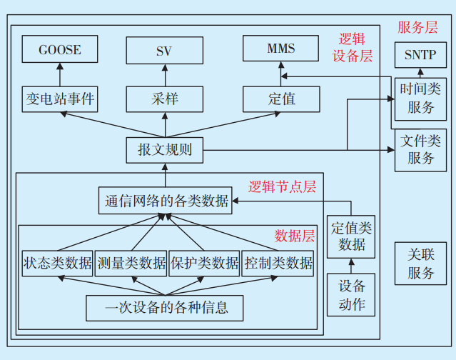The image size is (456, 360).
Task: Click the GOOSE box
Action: tap(59, 50)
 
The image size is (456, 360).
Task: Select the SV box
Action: tap(165, 51)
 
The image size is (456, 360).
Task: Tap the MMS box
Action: tap(280, 49)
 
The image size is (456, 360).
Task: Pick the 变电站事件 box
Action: tap(59, 99)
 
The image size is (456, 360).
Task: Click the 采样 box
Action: tap(165, 99)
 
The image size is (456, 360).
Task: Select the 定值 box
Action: tap(280, 99)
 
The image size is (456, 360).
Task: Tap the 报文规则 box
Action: tap(165, 150)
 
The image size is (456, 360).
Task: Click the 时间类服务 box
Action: tap(420, 98)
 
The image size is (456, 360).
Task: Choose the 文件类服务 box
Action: tap(420, 149)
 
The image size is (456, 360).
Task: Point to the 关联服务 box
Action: tap(420, 264)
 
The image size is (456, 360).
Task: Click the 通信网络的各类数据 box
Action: tap(166, 201)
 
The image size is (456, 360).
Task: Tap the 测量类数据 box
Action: tap(131, 263)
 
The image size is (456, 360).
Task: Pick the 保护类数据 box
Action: tap(204, 263)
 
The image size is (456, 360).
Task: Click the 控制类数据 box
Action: tap(278, 263)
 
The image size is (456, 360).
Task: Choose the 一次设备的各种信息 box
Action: tap(166, 308)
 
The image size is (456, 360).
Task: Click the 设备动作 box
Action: tap(350, 294)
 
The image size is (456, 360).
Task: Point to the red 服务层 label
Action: tap(417, 28)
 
